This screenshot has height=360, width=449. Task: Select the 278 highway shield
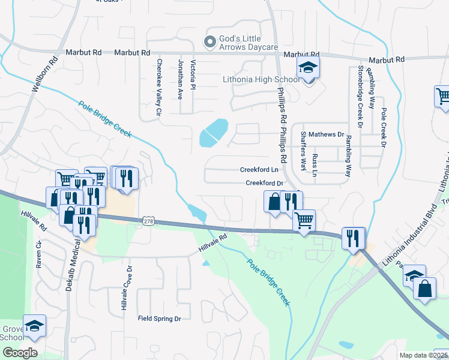(x=149, y=221)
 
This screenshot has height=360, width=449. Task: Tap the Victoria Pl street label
(x=193, y=74)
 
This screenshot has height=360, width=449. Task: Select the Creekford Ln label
(x=259, y=170)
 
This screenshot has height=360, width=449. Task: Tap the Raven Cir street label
(x=38, y=255)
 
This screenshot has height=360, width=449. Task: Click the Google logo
(x=19, y=352)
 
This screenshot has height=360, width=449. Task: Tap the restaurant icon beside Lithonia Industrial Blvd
(x=353, y=237)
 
